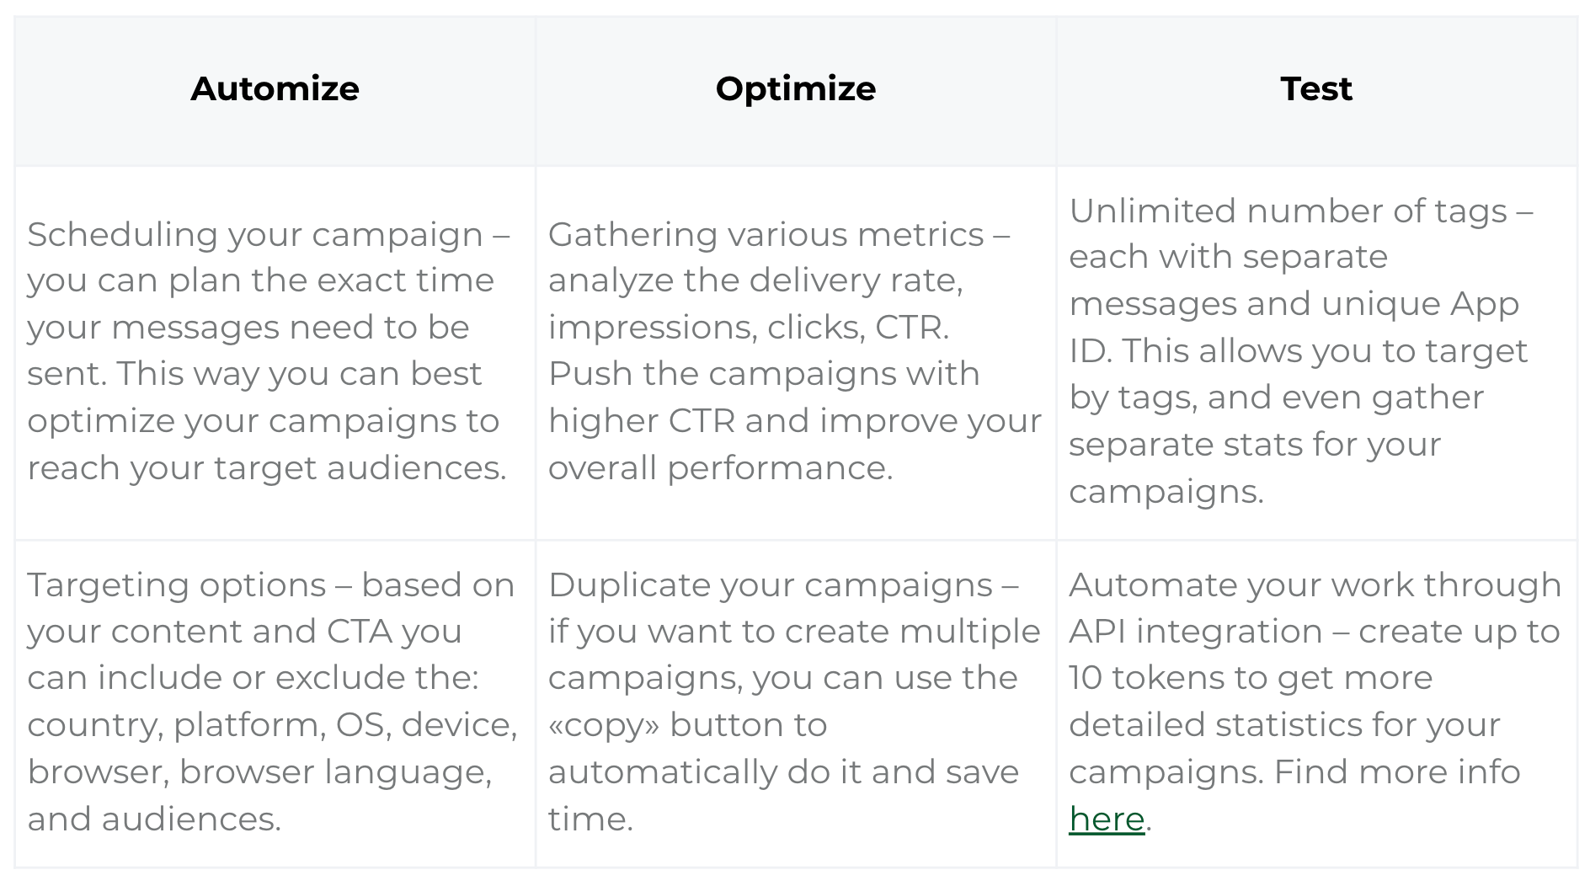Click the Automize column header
[x=275, y=88]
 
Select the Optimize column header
[x=796, y=89]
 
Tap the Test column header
[x=1316, y=88]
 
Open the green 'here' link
[x=1107, y=819]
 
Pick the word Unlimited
[x=1152, y=211]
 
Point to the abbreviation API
[x=1097, y=632]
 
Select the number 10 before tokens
[x=1086, y=678]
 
